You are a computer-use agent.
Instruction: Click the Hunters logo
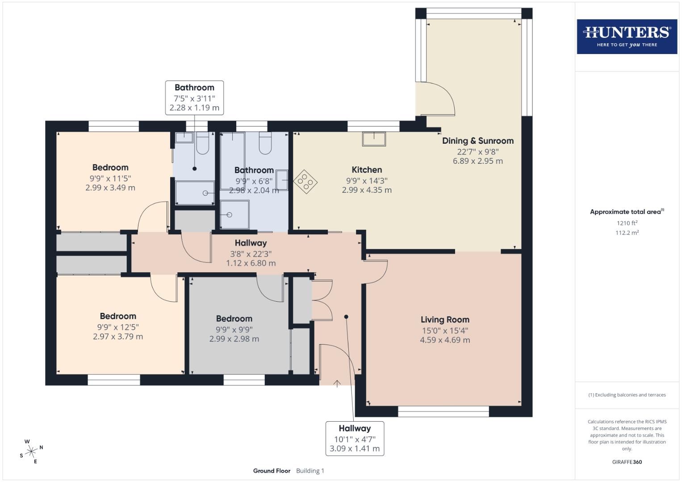[627, 37]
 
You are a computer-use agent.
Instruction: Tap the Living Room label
[445, 320]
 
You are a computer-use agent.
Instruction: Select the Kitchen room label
[367, 170]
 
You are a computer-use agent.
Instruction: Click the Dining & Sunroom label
[477, 141]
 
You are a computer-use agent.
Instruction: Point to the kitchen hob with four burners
[305, 182]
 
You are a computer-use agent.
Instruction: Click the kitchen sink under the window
[374, 139]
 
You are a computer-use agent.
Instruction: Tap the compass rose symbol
[31, 452]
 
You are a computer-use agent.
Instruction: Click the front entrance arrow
[337, 383]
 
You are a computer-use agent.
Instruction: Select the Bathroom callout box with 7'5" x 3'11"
[194, 98]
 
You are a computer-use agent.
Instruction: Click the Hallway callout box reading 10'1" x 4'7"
[355, 438]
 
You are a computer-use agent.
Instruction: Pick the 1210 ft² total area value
[627, 223]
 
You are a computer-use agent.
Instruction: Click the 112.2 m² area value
[627, 233]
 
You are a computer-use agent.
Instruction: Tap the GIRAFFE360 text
[627, 462]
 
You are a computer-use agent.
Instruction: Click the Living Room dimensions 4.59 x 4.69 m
[445, 340]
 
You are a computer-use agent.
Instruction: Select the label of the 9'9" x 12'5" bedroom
[118, 316]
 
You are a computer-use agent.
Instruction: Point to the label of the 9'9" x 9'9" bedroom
[234, 319]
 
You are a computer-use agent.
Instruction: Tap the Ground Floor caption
[272, 471]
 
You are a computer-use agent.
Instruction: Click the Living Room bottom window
[443, 411]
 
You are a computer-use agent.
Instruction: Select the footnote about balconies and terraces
[627, 395]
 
